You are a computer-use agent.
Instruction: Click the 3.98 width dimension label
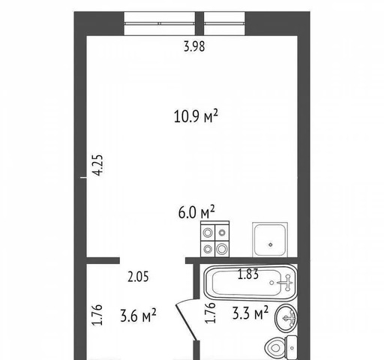[x=194, y=46]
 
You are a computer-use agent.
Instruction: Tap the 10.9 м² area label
[x=196, y=116]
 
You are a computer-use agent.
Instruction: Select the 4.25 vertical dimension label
[x=97, y=165]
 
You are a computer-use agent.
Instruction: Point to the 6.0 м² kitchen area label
[x=196, y=212]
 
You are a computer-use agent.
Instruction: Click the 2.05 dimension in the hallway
[x=138, y=277]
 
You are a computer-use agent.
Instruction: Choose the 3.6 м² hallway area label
[x=138, y=315]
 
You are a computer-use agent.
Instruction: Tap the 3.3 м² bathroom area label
[x=250, y=313]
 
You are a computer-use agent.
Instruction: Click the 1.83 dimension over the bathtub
[x=248, y=274]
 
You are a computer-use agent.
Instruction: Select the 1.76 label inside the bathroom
[x=210, y=313]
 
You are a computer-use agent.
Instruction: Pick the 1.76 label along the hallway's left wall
[x=97, y=315]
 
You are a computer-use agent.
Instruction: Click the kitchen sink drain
[x=270, y=244]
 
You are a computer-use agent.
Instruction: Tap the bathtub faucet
[x=286, y=283]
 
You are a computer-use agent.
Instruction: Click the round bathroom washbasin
[x=286, y=318]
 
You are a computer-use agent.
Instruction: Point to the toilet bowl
[x=275, y=347]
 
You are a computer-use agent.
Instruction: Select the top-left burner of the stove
[x=208, y=233]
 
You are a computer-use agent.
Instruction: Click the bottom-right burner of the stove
[x=221, y=249]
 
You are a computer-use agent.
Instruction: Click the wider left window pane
[x=160, y=23]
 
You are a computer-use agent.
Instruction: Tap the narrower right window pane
[x=224, y=23]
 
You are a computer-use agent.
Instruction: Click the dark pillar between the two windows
[x=199, y=23]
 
